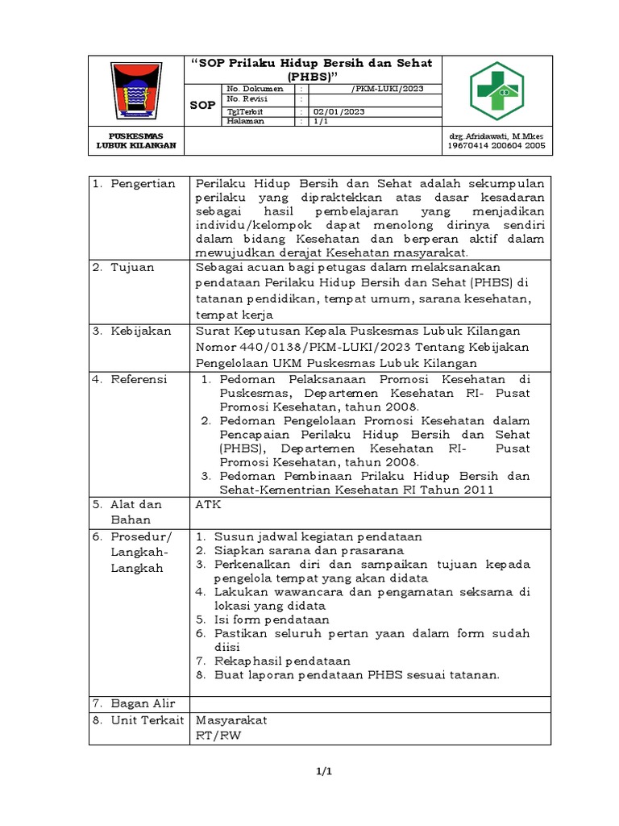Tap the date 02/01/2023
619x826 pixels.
(x=339, y=111)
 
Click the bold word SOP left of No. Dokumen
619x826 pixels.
(x=202, y=106)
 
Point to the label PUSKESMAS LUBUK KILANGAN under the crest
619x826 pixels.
(x=135, y=141)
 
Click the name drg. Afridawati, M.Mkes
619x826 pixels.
(x=497, y=136)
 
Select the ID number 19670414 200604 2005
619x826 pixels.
(x=497, y=146)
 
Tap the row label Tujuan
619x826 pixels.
(x=133, y=267)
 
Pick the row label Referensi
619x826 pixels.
(x=139, y=378)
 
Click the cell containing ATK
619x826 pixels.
(x=208, y=504)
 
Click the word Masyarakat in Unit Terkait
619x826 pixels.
(x=232, y=720)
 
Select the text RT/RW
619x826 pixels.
(x=218, y=736)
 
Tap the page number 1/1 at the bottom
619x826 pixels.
(x=323, y=772)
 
